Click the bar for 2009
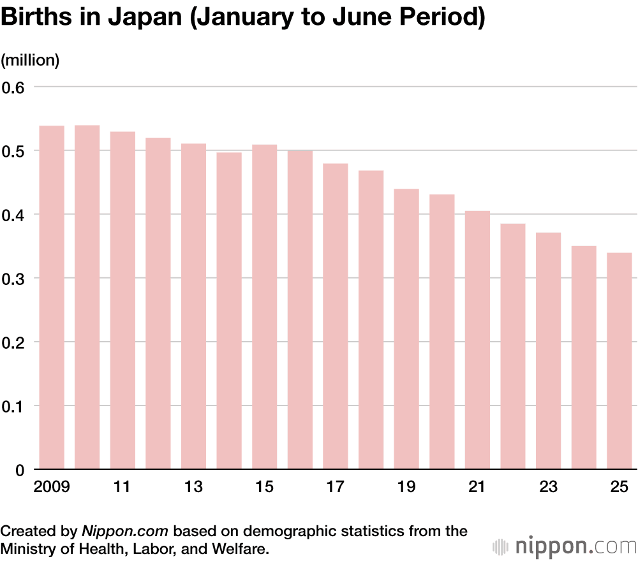[x=52, y=298]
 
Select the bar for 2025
[x=619, y=361]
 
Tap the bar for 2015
[x=264, y=307]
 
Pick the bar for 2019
[x=406, y=329]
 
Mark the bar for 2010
[x=87, y=297]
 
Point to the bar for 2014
[x=229, y=311]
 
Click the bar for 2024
[x=583, y=358]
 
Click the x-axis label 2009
[x=51, y=488]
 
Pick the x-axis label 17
[x=335, y=488]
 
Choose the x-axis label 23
[x=548, y=488]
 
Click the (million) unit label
[x=30, y=61]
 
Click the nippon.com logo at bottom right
[x=565, y=546]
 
